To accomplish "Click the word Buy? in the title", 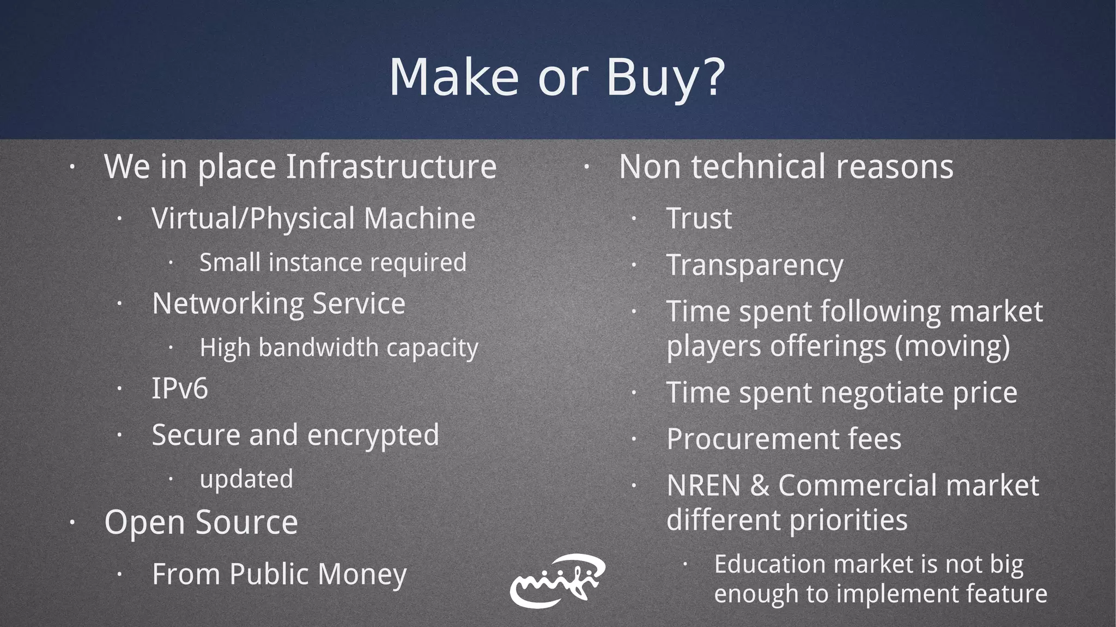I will [665, 77].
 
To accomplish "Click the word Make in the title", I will [453, 77].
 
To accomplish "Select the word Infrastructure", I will [391, 166].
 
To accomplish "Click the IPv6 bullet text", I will [180, 389].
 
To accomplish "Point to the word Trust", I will [699, 219].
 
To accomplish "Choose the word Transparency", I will [755, 266].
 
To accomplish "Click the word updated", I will [246, 479].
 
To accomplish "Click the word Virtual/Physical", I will [253, 219].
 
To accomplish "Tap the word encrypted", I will [373, 435].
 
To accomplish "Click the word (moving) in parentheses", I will [952, 346].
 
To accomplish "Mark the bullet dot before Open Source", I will [71, 523].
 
